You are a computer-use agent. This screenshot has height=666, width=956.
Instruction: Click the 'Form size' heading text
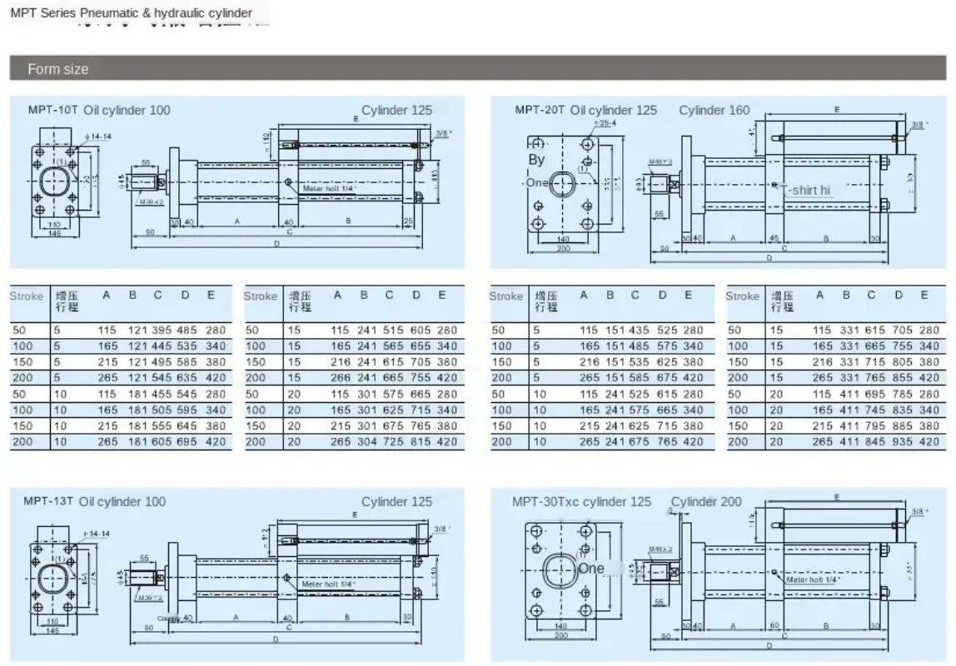[57, 69]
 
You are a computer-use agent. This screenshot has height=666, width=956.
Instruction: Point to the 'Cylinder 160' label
[714, 110]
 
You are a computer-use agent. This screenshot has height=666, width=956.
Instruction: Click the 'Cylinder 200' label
[706, 501]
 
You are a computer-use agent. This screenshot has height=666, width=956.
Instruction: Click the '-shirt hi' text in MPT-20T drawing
[809, 190]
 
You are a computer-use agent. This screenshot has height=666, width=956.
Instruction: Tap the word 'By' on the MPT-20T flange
[536, 160]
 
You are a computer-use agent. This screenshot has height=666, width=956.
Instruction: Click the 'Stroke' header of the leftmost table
[26, 296]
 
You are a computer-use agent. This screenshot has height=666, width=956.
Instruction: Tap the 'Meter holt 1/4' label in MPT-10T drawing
[329, 189]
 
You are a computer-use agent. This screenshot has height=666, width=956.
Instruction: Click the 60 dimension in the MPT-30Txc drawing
[775, 624]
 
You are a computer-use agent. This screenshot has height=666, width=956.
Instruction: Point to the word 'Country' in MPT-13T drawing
[168, 618]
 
